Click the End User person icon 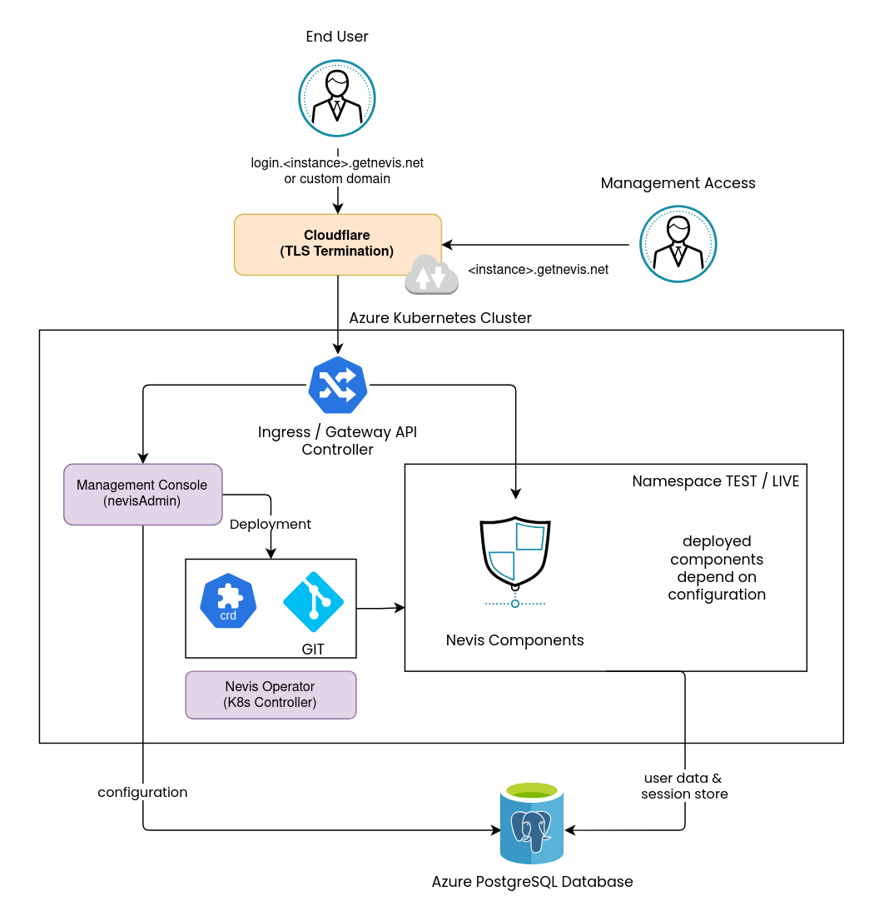337,97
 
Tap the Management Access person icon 678,244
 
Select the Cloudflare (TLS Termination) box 337,244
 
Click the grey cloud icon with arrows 431,276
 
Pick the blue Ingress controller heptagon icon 337,385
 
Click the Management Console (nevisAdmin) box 142,494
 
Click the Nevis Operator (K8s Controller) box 271,694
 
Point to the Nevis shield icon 515,555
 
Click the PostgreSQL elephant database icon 531,824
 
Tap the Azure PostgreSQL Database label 532,882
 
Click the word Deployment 271,525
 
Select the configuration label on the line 142,793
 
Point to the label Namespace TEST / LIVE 715,481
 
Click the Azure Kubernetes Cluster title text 440,318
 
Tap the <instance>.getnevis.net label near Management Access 538,270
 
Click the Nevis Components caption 514,640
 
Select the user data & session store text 684,786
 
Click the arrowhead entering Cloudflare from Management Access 447,245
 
